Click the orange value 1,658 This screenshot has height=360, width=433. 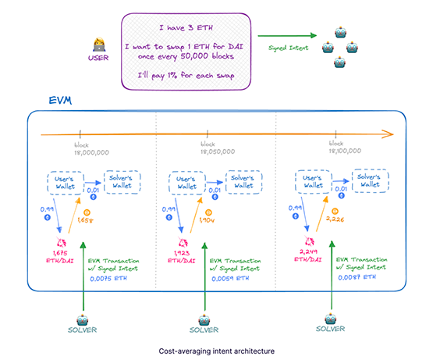pos(85,221)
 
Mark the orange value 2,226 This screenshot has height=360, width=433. pos(334,221)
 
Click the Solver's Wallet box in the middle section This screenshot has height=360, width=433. pos(247,182)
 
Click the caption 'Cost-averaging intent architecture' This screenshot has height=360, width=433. pos(216,351)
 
